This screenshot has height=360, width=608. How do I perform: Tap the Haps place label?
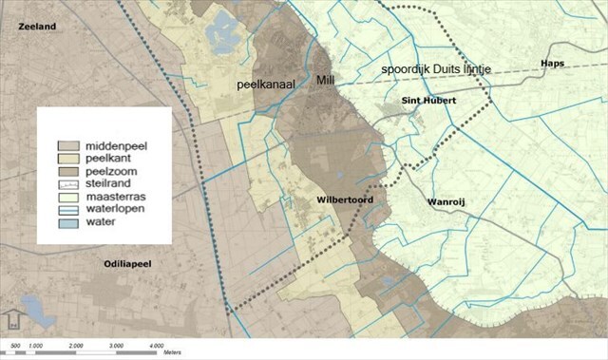[551, 63]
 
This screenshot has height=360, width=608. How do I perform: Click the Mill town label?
[326, 81]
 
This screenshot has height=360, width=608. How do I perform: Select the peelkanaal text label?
[268, 85]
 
